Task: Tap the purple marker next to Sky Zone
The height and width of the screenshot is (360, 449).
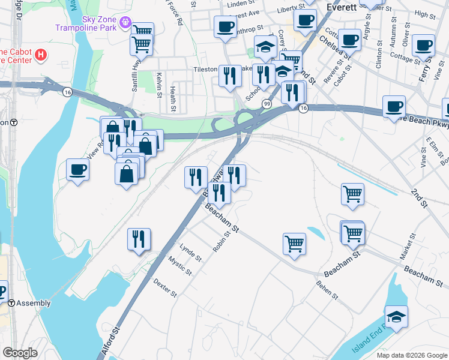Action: [125, 23]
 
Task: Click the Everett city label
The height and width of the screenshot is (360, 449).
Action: [342, 7]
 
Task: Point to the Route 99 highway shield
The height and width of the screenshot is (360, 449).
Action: [266, 104]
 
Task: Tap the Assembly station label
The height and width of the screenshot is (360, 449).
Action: [34, 303]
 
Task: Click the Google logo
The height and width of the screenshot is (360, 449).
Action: [20, 353]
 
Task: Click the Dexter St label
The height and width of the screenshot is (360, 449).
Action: [165, 287]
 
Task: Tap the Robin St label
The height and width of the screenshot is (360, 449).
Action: [221, 242]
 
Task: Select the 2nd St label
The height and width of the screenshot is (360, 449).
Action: [418, 198]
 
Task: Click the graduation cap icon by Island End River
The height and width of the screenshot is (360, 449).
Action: [396, 316]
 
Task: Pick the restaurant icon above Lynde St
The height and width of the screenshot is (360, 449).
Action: [139, 239]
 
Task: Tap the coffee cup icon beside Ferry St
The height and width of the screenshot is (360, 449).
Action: [424, 46]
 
